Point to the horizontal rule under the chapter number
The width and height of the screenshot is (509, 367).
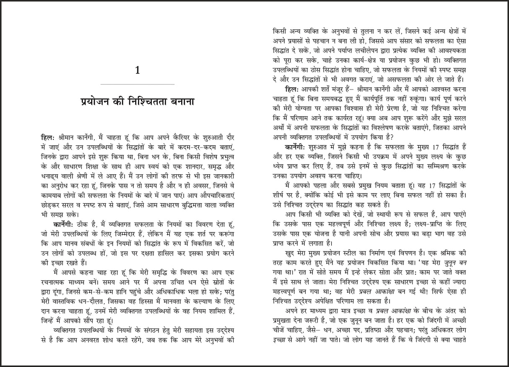(138, 84)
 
